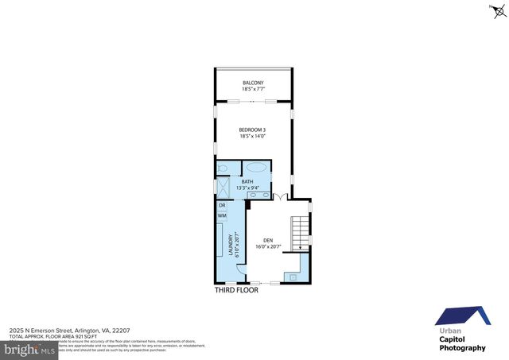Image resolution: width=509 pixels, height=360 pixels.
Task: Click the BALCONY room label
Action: point(252,83)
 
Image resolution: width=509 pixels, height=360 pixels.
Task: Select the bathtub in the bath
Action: point(256,168)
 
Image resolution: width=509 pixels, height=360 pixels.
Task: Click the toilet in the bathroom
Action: point(223,168)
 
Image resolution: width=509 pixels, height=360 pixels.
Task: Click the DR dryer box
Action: point(222,206)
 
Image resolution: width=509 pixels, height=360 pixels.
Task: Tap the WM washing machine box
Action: point(222,215)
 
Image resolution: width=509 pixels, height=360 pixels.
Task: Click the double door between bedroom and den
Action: point(278,196)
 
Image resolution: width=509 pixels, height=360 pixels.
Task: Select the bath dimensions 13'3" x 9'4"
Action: point(247,188)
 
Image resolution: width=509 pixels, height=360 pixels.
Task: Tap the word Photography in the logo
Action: point(462,348)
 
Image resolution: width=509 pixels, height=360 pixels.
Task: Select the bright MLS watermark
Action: point(28,349)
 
